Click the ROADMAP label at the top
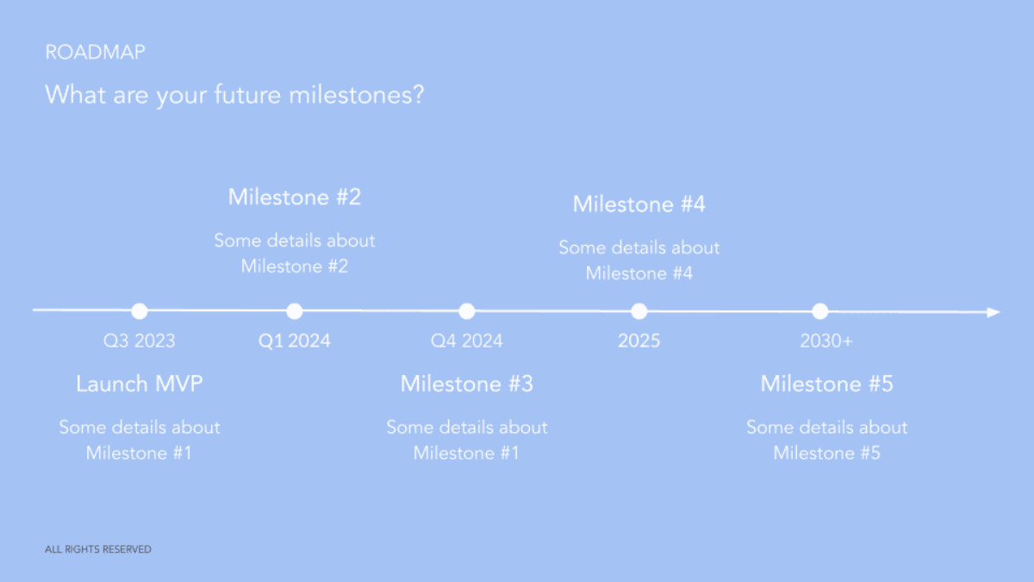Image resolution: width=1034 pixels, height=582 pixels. pyautogui.click(x=95, y=52)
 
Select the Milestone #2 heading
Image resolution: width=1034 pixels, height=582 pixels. pyautogui.click(x=294, y=197)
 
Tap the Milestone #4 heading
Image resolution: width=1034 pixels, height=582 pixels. pyautogui.click(x=638, y=204)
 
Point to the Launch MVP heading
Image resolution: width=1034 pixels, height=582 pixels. pyautogui.click(x=139, y=384)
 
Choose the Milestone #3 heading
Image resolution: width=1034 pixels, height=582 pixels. pyautogui.click(x=466, y=384)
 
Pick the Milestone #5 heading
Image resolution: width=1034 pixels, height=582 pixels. pyautogui.click(x=826, y=384)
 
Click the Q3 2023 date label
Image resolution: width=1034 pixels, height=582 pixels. pyautogui.click(x=139, y=341)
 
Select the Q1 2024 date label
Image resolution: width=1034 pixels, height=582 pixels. pyautogui.click(x=294, y=341)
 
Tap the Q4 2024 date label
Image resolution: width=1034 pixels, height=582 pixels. pyautogui.click(x=466, y=341)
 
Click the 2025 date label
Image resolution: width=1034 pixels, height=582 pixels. pyautogui.click(x=638, y=341)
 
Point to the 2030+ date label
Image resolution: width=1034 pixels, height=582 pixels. pyautogui.click(x=826, y=341)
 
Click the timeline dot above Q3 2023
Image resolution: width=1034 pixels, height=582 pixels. pyautogui.click(x=140, y=311)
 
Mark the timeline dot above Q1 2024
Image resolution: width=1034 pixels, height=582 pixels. pyautogui.click(x=294, y=311)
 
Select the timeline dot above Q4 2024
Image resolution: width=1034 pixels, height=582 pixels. pyautogui.click(x=466, y=311)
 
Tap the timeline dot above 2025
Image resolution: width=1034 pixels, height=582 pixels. pyautogui.click(x=638, y=311)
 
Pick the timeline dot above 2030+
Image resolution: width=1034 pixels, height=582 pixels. pyautogui.click(x=819, y=311)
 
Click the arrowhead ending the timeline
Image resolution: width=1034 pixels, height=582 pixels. pyautogui.click(x=994, y=312)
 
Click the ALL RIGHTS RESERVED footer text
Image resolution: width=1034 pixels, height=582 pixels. pyautogui.click(x=97, y=549)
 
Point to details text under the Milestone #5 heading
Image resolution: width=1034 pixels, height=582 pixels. pyautogui.click(x=826, y=440)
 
